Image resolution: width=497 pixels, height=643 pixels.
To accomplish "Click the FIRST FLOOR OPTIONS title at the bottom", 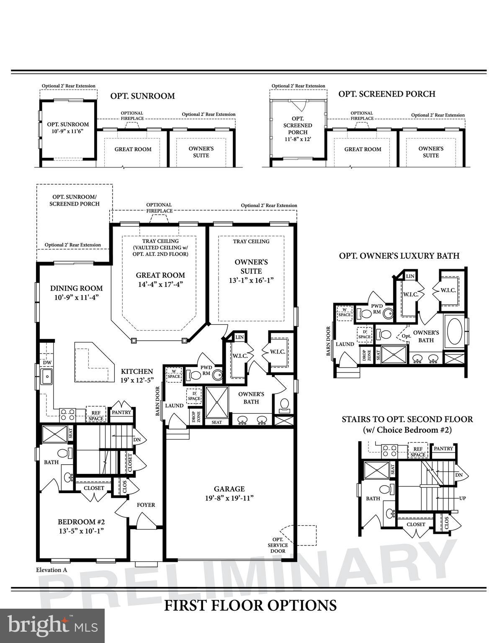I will click(x=250, y=605).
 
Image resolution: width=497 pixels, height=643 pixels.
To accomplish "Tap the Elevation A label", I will click(x=52, y=570).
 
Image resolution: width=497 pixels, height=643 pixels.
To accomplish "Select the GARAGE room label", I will click(x=229, y=489).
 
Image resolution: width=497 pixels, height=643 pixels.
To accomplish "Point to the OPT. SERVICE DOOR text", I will click(x=278, y=545).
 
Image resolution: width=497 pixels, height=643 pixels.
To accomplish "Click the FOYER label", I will click(x=146, y=505).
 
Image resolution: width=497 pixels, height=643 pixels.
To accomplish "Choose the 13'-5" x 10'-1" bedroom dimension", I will click(x=81, y=531).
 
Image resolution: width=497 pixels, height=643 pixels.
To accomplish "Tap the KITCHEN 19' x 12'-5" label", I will click(x=137, y=376).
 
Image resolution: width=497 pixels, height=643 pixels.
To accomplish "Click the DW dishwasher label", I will click(x=47, y=363).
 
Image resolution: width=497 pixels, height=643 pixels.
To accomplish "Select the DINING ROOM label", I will click(x=76, y=288).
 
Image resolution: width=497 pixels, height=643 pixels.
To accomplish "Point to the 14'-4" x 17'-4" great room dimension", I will click(x=160, y=284).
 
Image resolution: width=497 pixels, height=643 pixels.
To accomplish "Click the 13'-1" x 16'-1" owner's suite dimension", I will click(x=251, y=280).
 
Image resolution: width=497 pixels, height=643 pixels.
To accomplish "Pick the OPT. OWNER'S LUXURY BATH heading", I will click(x=399, y=256).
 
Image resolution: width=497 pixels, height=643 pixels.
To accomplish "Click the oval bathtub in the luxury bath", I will click(x=455, y=331).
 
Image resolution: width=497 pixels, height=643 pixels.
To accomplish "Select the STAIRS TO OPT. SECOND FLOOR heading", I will click(x=407, y=419).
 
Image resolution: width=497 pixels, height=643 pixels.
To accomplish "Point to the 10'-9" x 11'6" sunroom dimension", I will click(x=68, y=131).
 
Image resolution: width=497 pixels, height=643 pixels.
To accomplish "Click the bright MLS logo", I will click(x=52, y=626).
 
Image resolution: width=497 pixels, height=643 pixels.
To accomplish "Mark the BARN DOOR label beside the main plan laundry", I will click(x=158, y=401).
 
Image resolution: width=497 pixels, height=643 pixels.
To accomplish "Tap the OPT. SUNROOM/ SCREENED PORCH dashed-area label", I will click(x=75, y=200).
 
